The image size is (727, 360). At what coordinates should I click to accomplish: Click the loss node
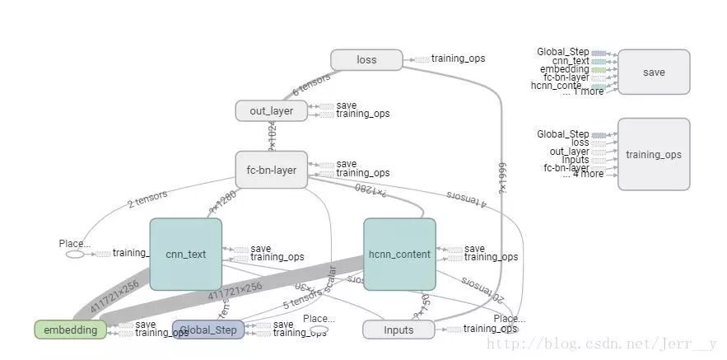(366, 59)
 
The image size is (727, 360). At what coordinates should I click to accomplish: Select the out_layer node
(271, 110)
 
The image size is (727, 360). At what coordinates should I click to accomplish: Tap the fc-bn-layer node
(271, 171)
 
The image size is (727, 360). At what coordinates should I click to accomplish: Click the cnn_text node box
(185, 254)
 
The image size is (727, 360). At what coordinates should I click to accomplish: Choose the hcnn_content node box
(399, 254)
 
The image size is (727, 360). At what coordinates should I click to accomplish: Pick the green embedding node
(70, 330)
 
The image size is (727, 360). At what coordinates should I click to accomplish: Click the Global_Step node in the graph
(208, 330)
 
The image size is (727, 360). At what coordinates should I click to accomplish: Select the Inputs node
(398, 330)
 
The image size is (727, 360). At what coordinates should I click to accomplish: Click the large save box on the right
(654, 72)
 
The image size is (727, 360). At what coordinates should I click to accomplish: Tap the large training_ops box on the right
(654, 154)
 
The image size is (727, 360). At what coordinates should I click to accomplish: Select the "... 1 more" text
(583, 91)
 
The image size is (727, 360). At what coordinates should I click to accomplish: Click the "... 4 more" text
(583, 174)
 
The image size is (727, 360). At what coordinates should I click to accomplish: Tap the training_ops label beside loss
(459, 59)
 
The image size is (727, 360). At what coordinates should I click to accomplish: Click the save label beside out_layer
(347, 105)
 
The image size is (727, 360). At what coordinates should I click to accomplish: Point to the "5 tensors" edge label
(302, 297)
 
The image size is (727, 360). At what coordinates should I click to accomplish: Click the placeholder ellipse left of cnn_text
(75, 255)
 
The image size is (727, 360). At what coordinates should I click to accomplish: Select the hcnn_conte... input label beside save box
(560, 85)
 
